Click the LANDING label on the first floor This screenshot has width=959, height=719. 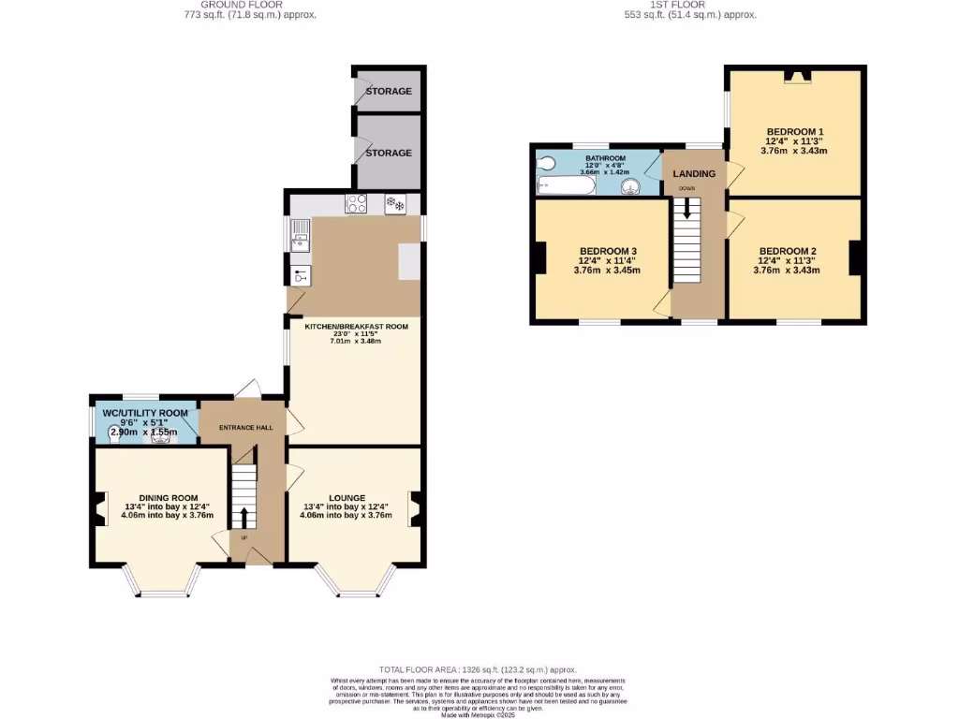694,174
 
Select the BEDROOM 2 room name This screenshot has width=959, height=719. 788,251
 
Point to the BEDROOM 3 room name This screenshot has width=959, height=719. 608,251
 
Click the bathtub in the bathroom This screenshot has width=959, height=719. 566,187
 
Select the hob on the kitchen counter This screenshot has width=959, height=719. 356,203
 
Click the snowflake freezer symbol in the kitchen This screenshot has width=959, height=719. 395,203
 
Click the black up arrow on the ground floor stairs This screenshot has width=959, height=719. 244,517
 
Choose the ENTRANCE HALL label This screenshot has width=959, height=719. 244,428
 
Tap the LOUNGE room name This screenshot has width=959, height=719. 347,497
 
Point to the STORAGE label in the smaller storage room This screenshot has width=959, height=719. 389,92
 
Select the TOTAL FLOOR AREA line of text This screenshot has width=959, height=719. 479,669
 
